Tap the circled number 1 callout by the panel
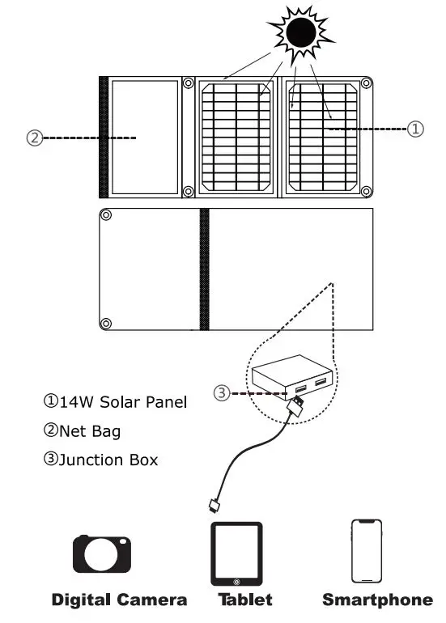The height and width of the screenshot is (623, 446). click(x=414, y=129)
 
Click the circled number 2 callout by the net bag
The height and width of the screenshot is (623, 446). click(x=33, y=138)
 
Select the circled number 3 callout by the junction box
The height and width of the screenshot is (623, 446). click(x=221, y=393)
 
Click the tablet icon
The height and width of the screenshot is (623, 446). click(x=236, y=553)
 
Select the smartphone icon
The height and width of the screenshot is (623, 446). click(x=366, y=551)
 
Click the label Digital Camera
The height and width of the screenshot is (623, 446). click(x=119, y=600)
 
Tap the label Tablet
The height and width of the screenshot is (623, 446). click(x=244, y=600)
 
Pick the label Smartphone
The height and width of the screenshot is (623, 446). click(x=377, y=600)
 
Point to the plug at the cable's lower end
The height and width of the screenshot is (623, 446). click(x=215, y=506)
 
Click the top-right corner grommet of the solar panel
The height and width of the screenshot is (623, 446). click(x=366, y=83)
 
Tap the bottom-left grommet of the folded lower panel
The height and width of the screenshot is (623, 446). click(x=105, y=324)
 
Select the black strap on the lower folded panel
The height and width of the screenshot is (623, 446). click(x=204, y=269)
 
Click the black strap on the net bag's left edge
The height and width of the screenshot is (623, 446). click(x=104, y=137)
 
